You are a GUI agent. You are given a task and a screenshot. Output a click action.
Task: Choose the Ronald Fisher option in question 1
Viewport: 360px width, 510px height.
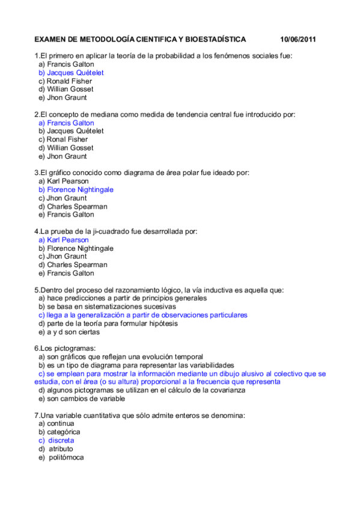[69, 81]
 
